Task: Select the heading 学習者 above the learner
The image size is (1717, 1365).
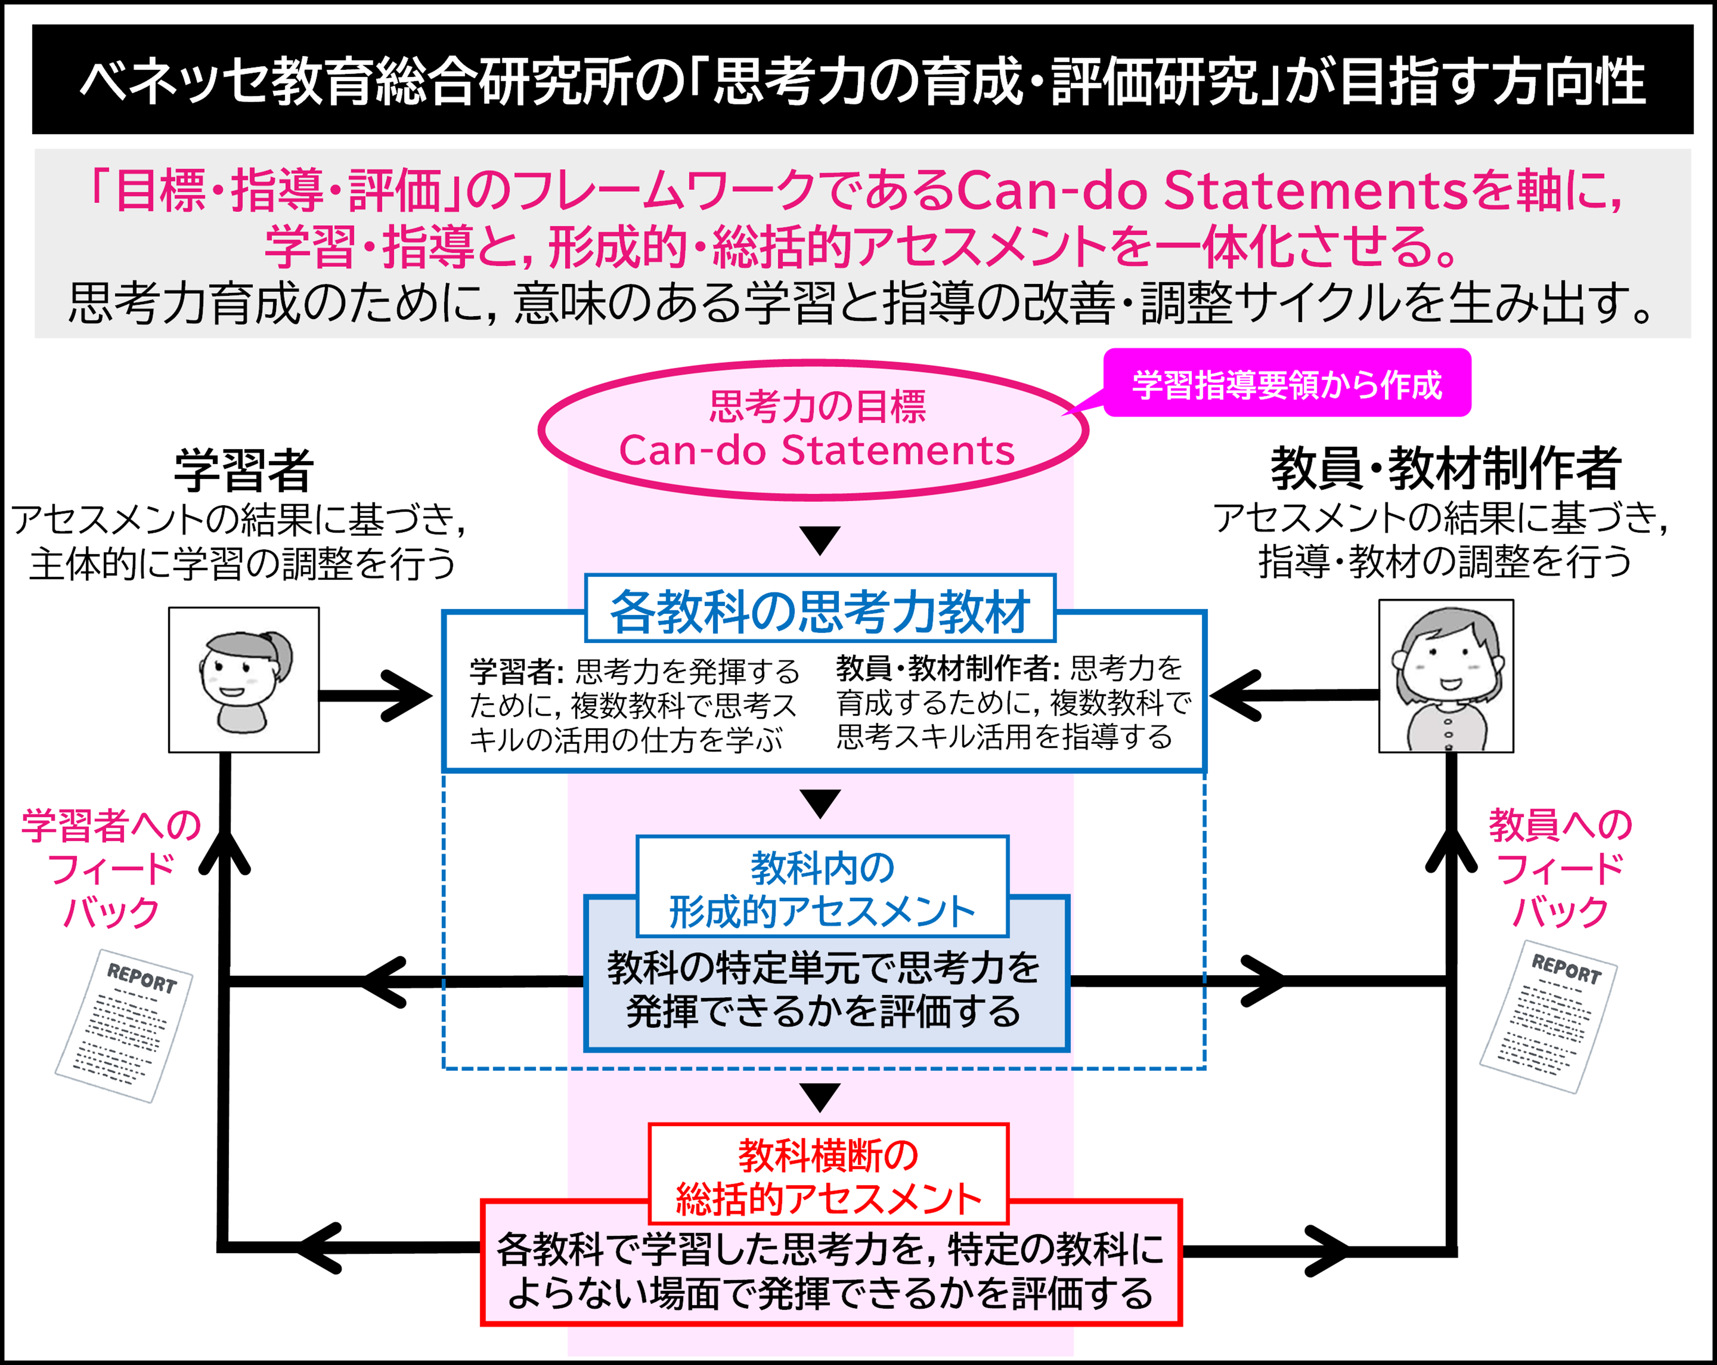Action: point(244,470)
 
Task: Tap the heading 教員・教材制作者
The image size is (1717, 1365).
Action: point(1446,469)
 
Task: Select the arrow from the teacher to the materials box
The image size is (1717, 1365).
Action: point(1290,695)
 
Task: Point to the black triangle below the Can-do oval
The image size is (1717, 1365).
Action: point(820,540)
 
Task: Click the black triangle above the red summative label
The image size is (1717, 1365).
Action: point(820,1097)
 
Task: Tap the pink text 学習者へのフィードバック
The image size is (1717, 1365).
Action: point(112,869)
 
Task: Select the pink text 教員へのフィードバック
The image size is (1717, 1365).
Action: point(1559,869)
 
